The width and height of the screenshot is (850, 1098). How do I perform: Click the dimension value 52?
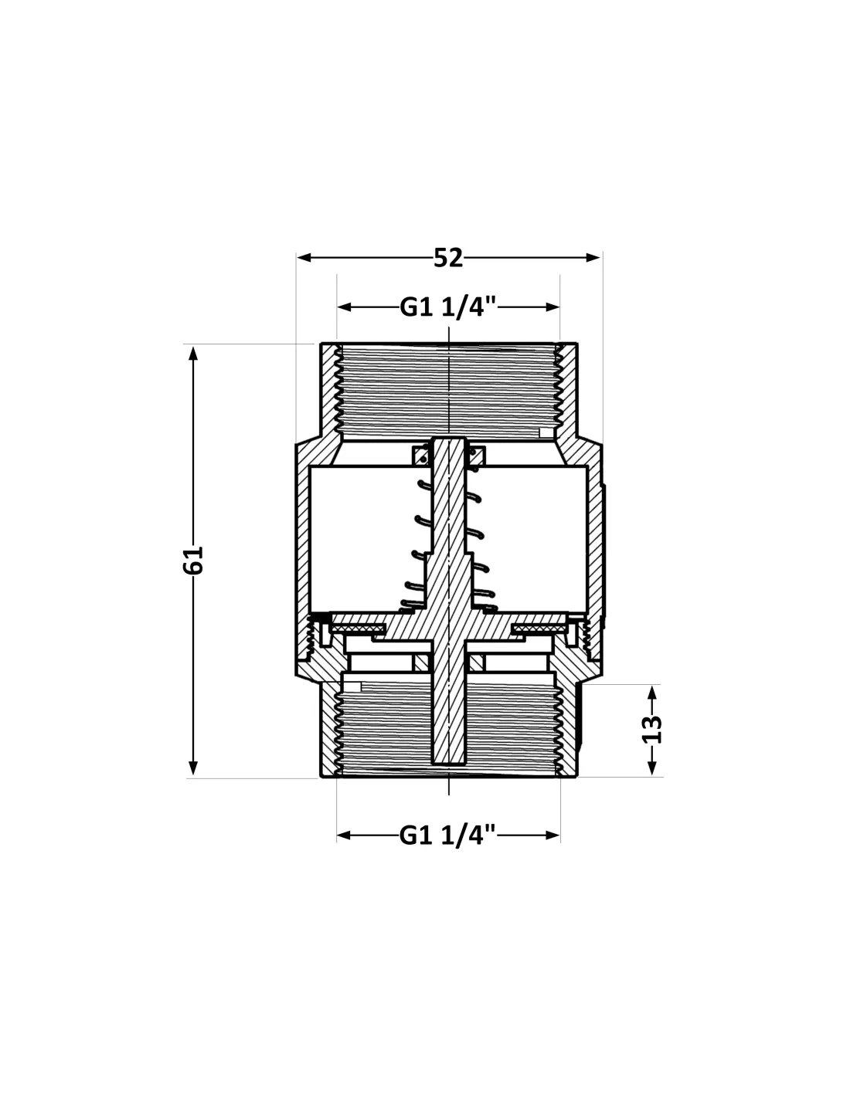[448, 258]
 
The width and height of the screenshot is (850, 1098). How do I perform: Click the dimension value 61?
[192, 560]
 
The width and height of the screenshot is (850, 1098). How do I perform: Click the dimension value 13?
[651, 729]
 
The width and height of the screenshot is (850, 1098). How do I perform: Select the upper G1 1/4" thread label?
[448, 307]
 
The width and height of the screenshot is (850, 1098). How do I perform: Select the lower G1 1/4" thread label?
[448, 835]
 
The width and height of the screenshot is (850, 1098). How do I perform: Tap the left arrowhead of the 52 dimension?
[304, 258]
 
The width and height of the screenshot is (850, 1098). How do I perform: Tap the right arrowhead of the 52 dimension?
[593, 258]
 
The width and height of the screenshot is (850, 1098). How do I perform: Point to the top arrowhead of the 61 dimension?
[192, 353]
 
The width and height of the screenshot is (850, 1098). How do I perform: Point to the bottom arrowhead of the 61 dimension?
[192, 768]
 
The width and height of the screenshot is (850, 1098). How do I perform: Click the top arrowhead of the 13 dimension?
[651, 693]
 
